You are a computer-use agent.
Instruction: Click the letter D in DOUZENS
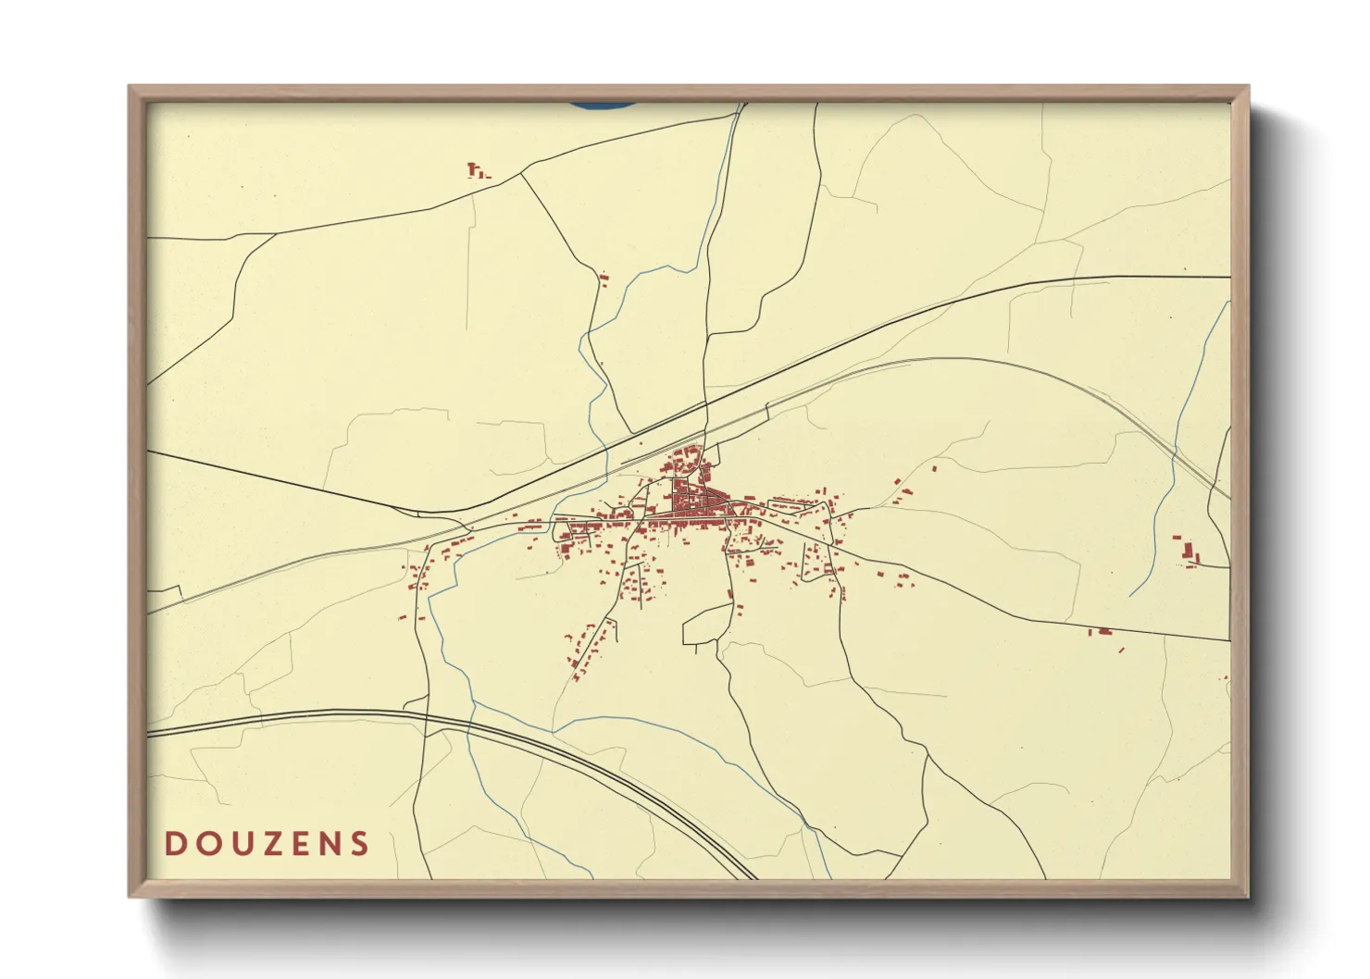175,844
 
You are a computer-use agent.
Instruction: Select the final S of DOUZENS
359,844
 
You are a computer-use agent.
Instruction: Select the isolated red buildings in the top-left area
477,170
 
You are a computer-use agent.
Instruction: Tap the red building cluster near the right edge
1189,552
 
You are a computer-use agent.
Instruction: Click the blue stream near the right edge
1168,490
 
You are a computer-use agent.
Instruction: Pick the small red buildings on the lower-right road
1103,633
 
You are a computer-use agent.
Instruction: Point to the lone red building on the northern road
604,277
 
